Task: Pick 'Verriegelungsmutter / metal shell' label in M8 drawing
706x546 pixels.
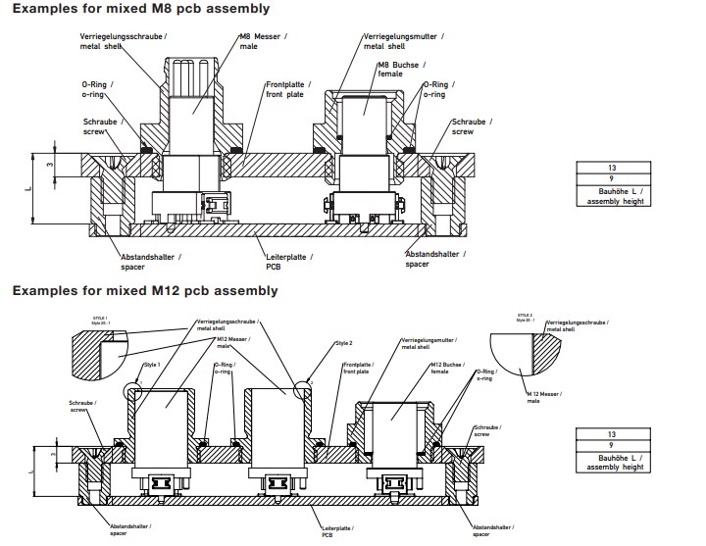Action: click(397, 40)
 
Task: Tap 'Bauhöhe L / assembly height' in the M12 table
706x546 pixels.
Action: click(611, 463)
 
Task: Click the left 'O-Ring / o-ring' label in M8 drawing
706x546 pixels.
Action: click(96, 90)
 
